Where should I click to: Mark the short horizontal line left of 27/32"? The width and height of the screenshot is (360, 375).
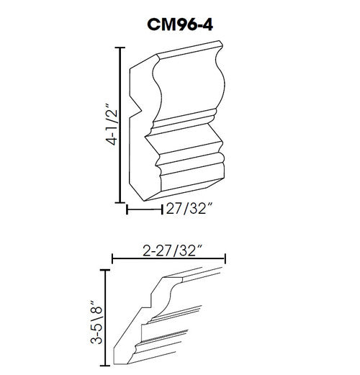[143, 210]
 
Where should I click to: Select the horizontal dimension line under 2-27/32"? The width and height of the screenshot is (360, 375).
[169, 259]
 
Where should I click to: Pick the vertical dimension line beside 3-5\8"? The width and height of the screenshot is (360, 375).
[107, 317]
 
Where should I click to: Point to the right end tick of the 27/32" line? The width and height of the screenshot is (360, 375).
[160, 210]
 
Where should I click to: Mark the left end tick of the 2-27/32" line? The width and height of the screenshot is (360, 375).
[112, 259]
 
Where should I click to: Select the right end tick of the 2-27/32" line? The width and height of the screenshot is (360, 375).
[226, 259]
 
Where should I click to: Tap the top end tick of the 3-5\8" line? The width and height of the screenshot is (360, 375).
[107, 269]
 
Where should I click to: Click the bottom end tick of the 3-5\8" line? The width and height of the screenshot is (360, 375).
[107, 365]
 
